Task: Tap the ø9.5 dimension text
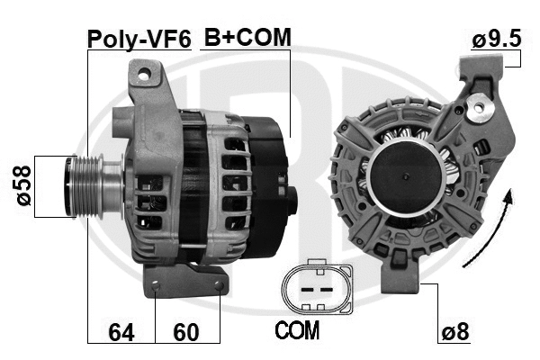[497, 40]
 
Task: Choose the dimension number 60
[186, 332]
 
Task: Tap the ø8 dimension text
[455, 332]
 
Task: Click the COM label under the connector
[296, 331]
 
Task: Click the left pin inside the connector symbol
[303, 290]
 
